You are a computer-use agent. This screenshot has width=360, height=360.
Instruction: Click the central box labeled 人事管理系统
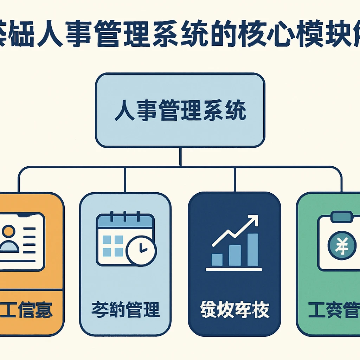[180, 110]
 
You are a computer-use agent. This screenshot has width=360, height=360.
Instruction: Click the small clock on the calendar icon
[141, 250]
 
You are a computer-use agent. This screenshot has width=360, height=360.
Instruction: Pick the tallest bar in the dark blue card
[252, 249]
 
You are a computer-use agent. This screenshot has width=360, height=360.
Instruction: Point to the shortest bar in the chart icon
[217, 259]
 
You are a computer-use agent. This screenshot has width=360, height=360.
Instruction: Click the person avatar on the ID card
[9, 239]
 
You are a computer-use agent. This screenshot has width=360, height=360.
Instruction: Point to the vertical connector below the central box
[180, 156]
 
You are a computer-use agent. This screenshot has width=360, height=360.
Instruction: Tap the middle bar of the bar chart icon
[235, 255]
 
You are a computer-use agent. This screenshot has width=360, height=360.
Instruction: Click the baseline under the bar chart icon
[234, 270]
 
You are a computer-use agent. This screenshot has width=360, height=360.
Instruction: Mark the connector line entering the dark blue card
[235, 179]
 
